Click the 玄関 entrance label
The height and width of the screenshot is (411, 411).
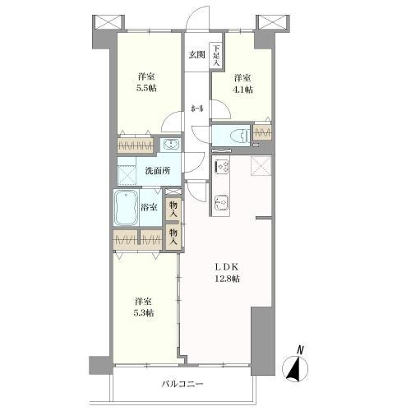196,55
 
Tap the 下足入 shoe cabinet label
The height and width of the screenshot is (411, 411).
217,56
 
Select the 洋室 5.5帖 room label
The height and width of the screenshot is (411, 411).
148,82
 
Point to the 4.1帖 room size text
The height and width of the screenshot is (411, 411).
242,90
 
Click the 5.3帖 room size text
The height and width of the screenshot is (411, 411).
144,312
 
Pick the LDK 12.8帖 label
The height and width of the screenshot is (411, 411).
227,273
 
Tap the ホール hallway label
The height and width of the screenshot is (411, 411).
197,109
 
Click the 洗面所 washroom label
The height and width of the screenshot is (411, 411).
158,171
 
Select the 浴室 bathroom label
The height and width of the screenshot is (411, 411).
149,207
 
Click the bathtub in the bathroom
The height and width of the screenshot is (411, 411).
126,208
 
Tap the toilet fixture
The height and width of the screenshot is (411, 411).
240,136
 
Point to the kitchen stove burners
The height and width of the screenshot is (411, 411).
222,166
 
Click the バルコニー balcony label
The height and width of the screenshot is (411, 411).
182,384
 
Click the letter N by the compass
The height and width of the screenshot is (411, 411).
301,349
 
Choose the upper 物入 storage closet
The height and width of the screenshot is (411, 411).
173,209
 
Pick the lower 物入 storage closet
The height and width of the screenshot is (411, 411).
173,237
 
